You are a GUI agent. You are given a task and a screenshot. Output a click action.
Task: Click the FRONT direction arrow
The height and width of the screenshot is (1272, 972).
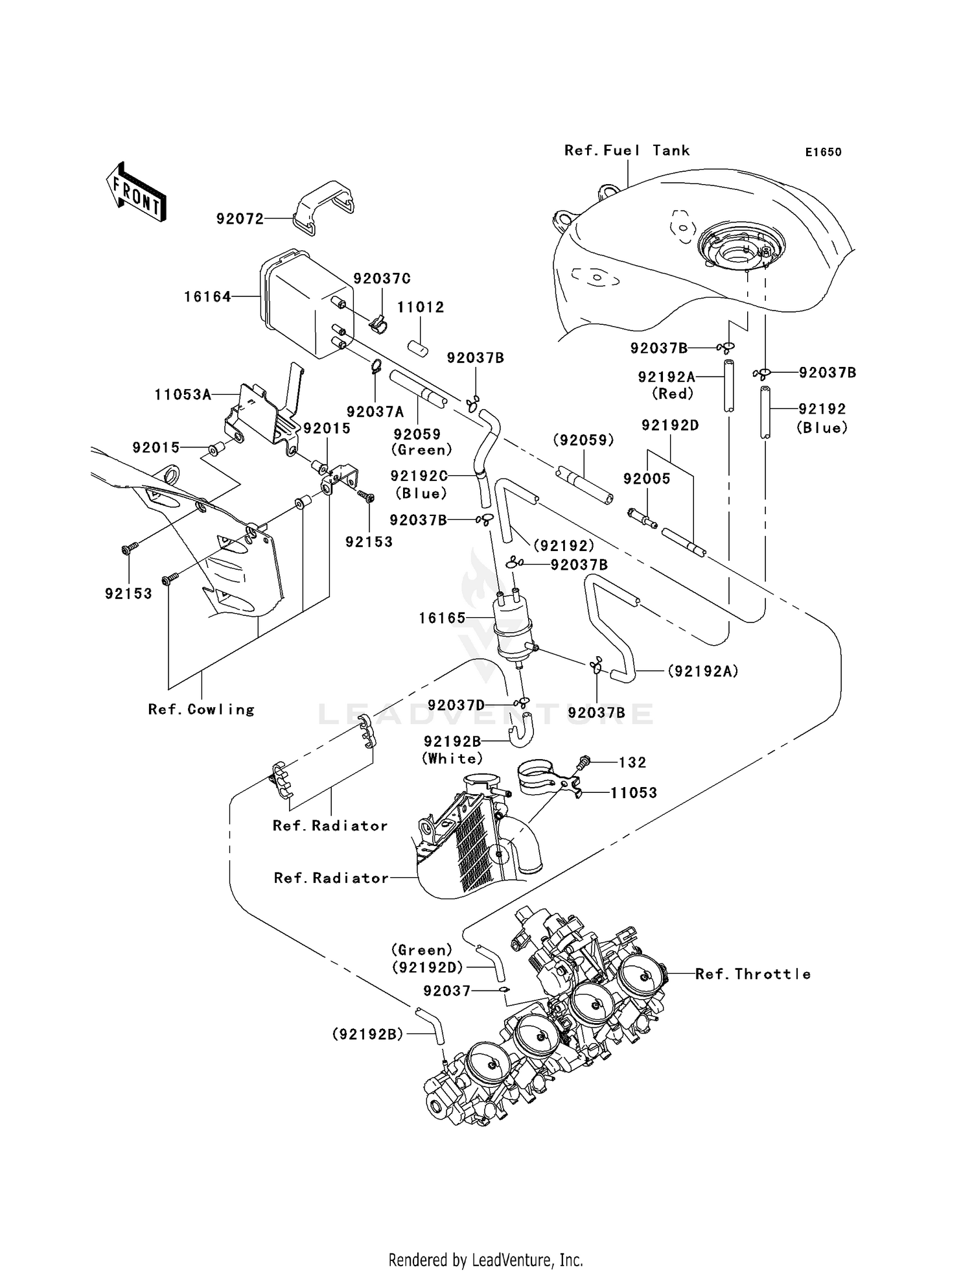click(x=136, y=193)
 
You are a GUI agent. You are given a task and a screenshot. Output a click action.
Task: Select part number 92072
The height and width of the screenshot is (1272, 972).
click(x=240, y=219)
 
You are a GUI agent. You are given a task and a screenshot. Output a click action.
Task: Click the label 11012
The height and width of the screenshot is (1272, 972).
click(x=421, y=307)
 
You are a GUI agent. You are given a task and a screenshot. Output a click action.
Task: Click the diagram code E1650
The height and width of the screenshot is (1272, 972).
click(x=823, y=152)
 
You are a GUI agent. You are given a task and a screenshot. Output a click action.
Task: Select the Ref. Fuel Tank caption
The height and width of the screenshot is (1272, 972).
click(x=627, y=150)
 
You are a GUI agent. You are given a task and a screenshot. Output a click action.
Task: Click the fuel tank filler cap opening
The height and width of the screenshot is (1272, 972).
click(x=739, y=250)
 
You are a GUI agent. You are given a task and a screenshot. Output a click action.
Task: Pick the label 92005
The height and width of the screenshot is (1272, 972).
click(x=647, y=478)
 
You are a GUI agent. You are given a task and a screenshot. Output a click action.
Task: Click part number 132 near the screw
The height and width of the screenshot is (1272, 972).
click(x=632, y=762)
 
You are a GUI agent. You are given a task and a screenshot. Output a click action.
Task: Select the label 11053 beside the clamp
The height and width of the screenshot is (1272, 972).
click(x=633, y=793)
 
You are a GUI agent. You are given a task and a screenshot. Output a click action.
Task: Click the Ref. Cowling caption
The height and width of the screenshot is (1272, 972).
click(x=201, y=709)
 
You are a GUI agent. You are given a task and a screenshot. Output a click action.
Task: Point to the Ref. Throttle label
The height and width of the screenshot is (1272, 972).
click(x=752, y=974)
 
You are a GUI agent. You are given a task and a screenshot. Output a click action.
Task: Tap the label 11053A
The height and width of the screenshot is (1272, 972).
click(x=183, y=394)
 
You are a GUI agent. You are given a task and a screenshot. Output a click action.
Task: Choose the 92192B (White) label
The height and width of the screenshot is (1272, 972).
click(x=452, y=749)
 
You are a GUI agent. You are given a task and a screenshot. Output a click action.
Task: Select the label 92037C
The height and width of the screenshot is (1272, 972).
click(x=382, y=279)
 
